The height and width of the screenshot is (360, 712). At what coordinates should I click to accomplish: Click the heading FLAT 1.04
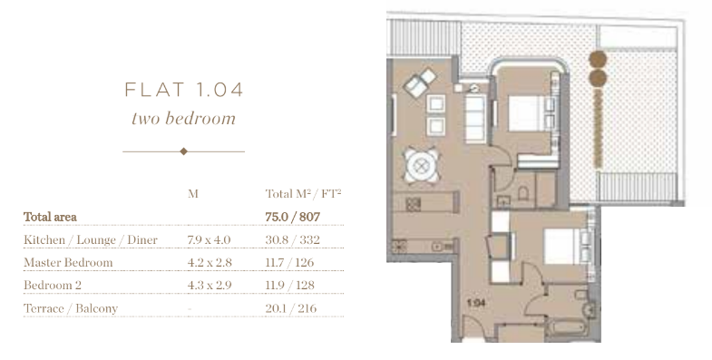pyautogui.click(x=184, y=90)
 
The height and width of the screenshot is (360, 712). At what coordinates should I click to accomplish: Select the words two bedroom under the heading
pyautogui.click(x=183, y=119)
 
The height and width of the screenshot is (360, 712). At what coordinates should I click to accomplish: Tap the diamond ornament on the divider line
pyautogui.click(x=183, y=151)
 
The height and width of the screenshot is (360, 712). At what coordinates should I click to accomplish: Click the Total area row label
pyautogui.click(x=50, y=217)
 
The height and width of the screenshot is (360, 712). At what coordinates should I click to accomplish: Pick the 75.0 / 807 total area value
pyautogui.click(x=292, y=217)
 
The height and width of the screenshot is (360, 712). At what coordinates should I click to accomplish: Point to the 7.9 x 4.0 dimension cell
pyautogui.click(x=209, y=239)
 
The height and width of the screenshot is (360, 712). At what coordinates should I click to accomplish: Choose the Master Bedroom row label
pyautogui.click(x=68, y=262)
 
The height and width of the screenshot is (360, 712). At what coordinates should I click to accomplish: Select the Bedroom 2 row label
pyautogui.click(x=53, y=285)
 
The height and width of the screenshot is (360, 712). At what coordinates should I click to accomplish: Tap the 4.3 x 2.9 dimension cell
pyautogui.click(x=210, y=285)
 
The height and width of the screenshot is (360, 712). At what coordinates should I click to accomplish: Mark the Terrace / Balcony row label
pyautogui.click(x=71, y=308)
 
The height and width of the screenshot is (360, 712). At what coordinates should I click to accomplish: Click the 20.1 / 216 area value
pyautogui.click(x=290, y=308)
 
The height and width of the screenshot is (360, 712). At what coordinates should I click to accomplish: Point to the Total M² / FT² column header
pyautogui.click(x=303, y=194)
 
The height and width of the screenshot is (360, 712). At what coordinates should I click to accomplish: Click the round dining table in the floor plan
pyautogui.click(x=422, y=166)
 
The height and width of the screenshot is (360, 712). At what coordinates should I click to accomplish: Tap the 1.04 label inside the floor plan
pyautogui.click(x=476, y=303)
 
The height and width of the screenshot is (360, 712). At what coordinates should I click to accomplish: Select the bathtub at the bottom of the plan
pyautogui.click(x=566, y=327)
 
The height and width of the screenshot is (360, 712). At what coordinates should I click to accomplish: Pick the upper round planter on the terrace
pyautogui.click(x=598, y=60)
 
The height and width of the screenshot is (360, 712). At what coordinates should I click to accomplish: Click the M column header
pyautogui.click(x=193, y=194)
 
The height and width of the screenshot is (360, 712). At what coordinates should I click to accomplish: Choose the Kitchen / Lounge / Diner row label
pyautogui.click(x=91, y=239)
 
